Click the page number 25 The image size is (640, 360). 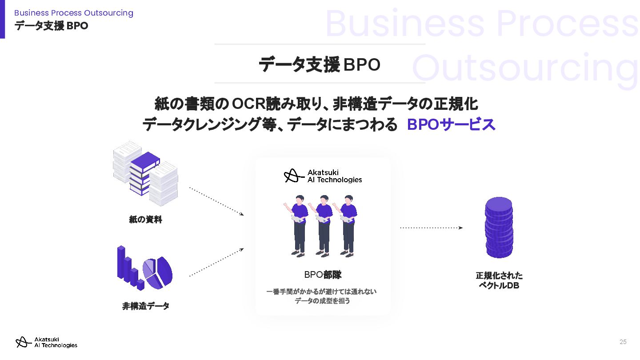(623, 342)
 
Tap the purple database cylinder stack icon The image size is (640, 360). (499, 227)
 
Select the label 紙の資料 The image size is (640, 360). (145, 220)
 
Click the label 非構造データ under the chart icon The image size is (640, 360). (146, 306)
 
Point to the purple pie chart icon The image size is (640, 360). (157, 272)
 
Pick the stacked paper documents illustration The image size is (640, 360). (145, 174)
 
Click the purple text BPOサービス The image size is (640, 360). (451, 125)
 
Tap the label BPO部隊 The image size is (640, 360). (323, 275)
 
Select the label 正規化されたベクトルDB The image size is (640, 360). (499, 280)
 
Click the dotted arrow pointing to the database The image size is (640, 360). (431, 228)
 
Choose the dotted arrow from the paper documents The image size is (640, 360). (216, 201)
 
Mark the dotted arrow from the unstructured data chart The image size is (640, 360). (216, 262)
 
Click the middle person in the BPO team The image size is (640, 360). (323, 225)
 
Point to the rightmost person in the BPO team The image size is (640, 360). (348, 225)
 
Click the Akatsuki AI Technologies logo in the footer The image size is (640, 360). (46, 342)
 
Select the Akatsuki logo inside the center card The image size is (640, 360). (323, 176)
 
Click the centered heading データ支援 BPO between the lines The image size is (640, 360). (320, 64)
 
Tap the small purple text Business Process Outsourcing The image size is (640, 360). (74, 13)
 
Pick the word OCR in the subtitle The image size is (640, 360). (248, 104)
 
